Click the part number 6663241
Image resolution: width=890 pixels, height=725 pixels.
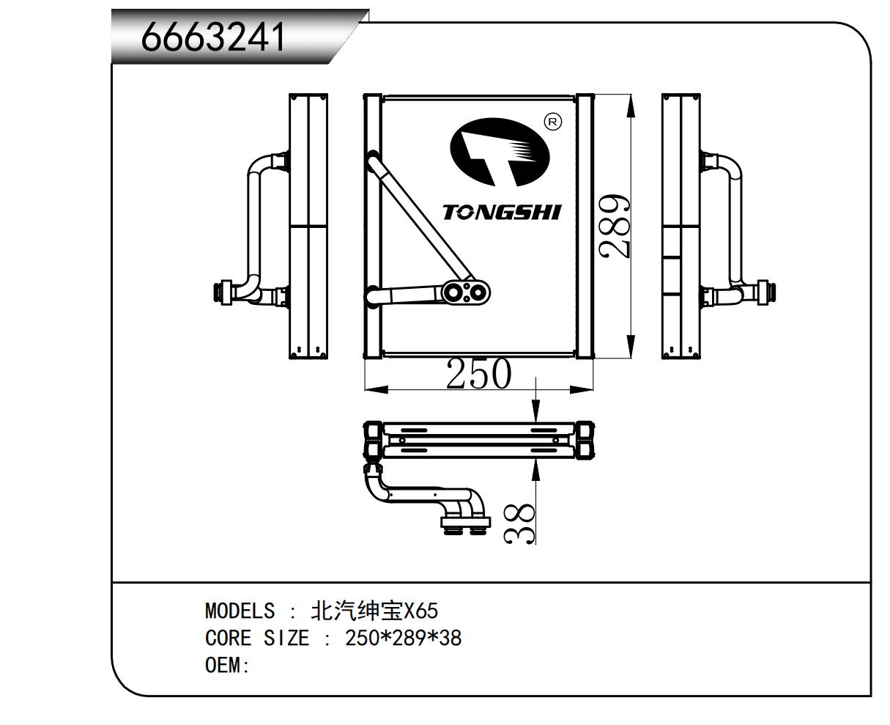point(213,37)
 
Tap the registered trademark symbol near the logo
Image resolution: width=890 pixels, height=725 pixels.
point(554,122)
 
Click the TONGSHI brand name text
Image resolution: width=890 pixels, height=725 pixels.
point(502,213)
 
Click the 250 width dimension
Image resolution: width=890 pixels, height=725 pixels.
point(478,374)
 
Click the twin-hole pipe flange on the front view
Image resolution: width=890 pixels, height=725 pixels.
point(467,292)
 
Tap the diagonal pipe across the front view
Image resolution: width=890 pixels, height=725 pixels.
point(420,220)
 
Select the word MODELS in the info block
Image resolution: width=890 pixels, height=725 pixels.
point(240,611)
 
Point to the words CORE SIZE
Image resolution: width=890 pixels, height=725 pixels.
point(257,638)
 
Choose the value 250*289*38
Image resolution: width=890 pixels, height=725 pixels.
point(404,638)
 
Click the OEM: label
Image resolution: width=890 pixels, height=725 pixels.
point(227,666)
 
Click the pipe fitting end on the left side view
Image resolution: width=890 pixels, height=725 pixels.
point(219,291)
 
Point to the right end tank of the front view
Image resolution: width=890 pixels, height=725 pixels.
point(585,226)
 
